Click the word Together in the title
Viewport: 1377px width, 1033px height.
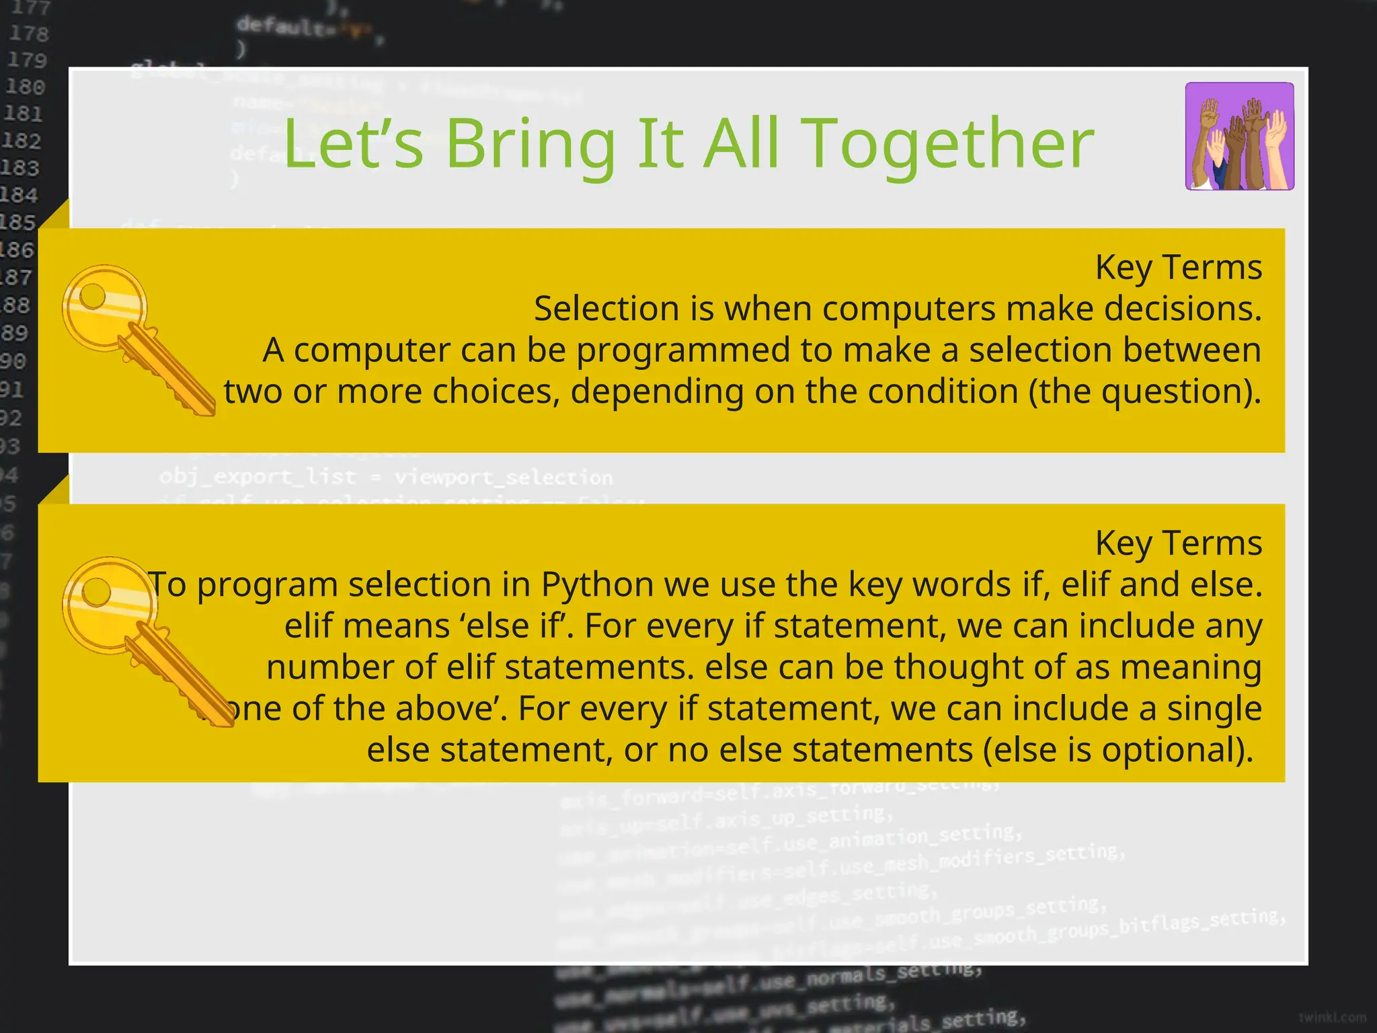pyautogui.click(x=948, y=145)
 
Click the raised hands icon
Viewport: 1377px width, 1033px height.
pyautogui.click(x=1239, y=137)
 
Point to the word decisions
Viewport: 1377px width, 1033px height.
pyautogui.click(x=1183, y=309)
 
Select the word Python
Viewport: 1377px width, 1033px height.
pyautogui.click(x=597, y=584)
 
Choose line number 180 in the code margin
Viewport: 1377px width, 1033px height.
pyautogui.click(x=26, y=87)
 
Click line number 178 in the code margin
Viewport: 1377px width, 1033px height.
pyautogui.click(x=28, y=34)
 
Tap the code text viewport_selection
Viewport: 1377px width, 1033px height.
pyautogui.click(x=504, y=477)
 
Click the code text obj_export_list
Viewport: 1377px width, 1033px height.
pyautogui.click(x=258, y=477)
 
